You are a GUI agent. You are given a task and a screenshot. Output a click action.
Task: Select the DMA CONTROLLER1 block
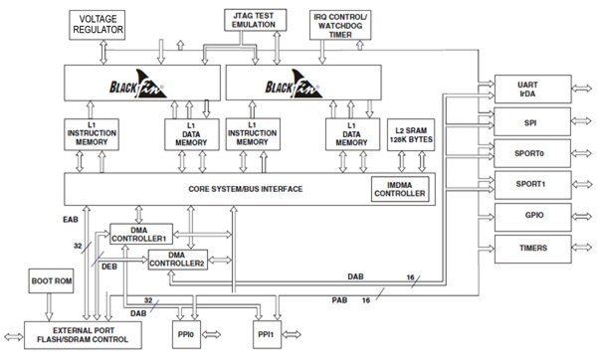coord(139,235)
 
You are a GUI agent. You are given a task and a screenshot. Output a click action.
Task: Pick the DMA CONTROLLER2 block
coord(179,259)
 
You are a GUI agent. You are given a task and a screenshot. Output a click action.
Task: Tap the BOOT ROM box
coord(51,280)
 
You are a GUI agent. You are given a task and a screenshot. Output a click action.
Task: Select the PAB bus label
coord(339,298)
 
